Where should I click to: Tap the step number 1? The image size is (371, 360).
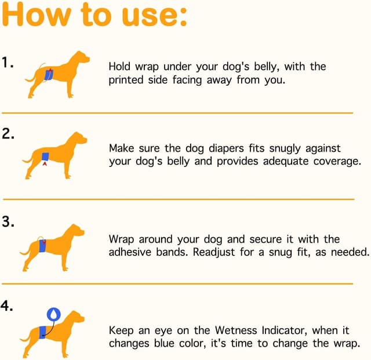coord(8,63)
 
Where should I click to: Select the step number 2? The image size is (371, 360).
coord(8,133)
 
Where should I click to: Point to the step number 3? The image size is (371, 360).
coord(8,221)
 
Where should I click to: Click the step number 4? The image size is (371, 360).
coord(6,306)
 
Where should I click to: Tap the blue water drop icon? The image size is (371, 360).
coord(54,314)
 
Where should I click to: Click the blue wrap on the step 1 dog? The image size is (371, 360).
coord(49,75)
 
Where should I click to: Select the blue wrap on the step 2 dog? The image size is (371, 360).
coord(45,157)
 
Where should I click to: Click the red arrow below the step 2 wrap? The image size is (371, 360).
coord(45,163)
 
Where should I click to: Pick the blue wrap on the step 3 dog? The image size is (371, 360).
coord(42,246)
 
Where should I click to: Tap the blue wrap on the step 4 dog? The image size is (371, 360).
coord(42,332)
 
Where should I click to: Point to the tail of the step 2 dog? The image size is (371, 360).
coord(27,160)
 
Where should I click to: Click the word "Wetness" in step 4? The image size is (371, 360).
coord(236,330)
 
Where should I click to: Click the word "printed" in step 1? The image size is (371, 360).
coord(126,81)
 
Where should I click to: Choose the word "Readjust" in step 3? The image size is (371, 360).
coord(214,253)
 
